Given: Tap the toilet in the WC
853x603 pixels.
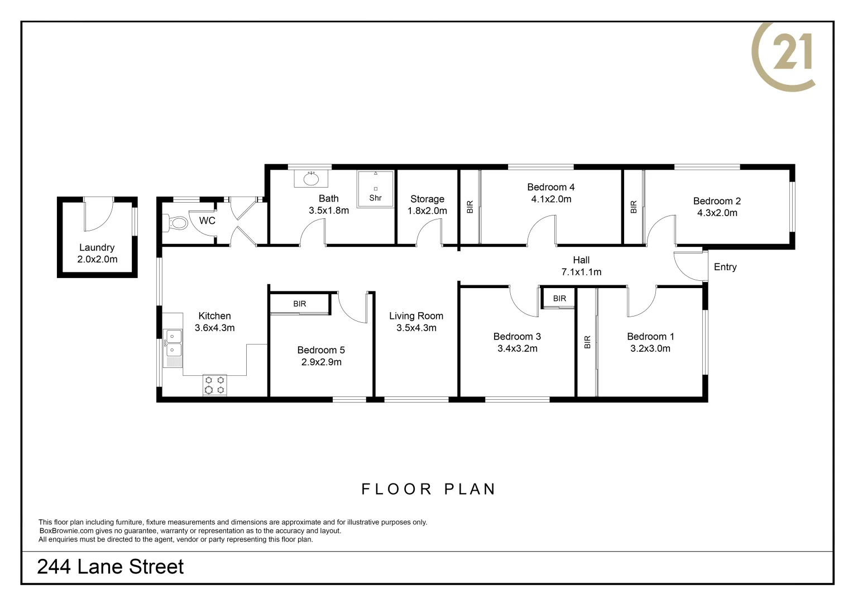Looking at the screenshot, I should (x=177, y=223).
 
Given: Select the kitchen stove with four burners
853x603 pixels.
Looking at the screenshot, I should (x=215, y=385).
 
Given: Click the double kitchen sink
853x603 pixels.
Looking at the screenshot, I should (x=173, y=343).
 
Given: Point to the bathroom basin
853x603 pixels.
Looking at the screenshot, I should (x=311, y=179).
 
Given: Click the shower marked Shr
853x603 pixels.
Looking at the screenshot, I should (x=375, y=189).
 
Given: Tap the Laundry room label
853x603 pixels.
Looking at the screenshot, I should (x=97, y=247).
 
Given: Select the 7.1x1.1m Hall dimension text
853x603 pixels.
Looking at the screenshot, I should (x=581, y=272).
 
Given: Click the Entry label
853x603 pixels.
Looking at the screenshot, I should (x=725, y=267).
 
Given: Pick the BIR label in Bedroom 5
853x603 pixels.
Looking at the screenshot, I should (x=300, y=304).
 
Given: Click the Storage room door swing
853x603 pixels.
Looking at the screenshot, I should (x=429, y=232).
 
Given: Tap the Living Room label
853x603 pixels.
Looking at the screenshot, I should (x=416, y=316).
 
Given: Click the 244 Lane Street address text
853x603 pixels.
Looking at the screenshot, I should (x=110, y=567).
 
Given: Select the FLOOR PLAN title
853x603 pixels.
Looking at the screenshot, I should (x=428, y=489).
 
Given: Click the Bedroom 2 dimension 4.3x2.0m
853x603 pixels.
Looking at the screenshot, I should (x=717, y=213).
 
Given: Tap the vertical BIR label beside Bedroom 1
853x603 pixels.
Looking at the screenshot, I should (x=587, y=342).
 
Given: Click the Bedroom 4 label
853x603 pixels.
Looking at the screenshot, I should (x=550, y=187).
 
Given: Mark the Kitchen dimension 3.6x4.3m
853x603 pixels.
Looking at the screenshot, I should (x=214, y=328).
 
